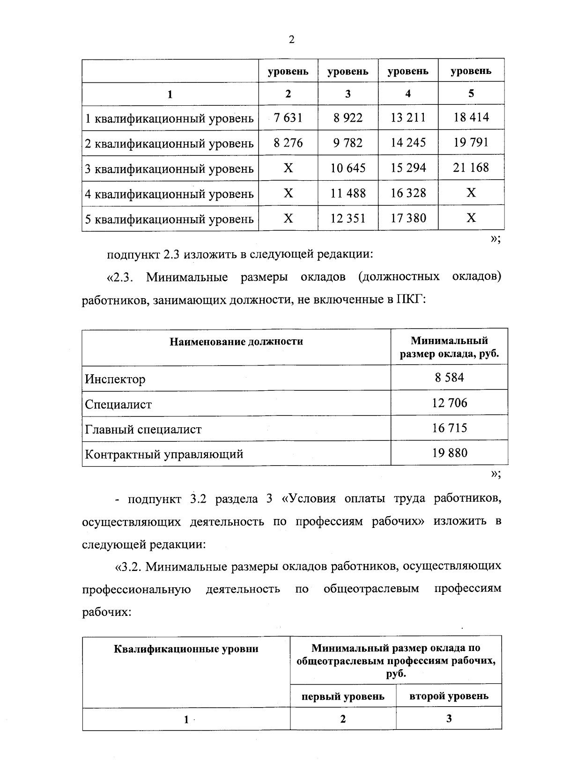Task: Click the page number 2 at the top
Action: click(291, 40)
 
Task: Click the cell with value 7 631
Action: click(288, 117)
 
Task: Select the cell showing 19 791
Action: click(471, 142)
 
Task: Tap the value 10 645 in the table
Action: click(348, 168)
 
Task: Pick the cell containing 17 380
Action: click(408, 218)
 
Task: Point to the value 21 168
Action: click(471, 168)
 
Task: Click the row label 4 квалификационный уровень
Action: click(169, 194)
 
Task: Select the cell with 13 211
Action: click(408, 117)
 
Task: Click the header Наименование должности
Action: click(236, 342)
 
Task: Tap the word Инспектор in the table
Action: click(115, 379)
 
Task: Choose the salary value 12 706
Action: click(449, 403)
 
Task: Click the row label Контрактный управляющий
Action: click(164, 454)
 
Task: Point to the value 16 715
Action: click(449, 428)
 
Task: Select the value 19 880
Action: click(449, 453)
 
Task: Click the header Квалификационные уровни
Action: click(186, 649)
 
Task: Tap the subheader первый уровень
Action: click(343, 696)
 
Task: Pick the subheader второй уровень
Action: click(449, 696)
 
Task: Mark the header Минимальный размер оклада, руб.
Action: click(449, 347)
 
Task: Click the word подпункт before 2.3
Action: click(133, 255)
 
